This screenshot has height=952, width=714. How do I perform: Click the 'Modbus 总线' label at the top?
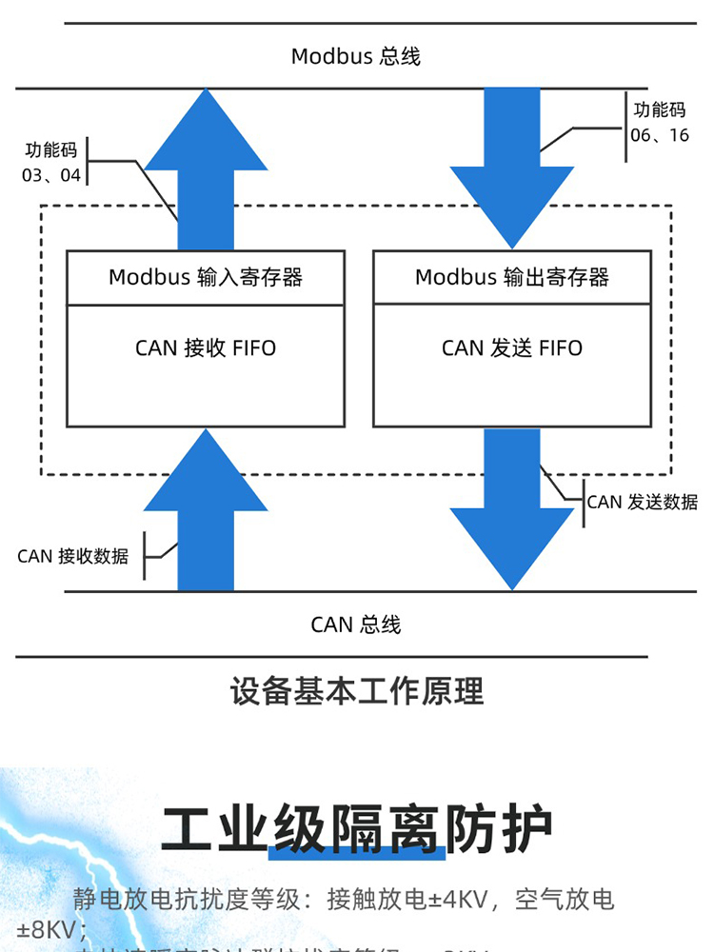[x=355, y=56]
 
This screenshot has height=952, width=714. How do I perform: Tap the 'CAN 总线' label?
[x=355, y=625]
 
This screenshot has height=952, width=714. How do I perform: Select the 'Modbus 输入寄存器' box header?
[x=206, y=277]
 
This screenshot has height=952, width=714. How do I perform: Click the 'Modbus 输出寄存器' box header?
[x=512, y=277]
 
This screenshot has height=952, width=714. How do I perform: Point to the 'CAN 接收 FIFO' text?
[x=206, y=348]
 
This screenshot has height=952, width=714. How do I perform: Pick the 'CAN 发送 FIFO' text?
[x=512, y=348]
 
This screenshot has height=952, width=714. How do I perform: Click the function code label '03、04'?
[x=51, y=175]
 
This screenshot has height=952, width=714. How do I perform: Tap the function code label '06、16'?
[x=660, y=135]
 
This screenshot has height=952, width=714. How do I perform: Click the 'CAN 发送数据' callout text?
[x=642, y=502]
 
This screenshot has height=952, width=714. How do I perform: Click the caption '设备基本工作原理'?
[x=356, y=691]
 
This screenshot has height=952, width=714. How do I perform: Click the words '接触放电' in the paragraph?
[x=367, y=899]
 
